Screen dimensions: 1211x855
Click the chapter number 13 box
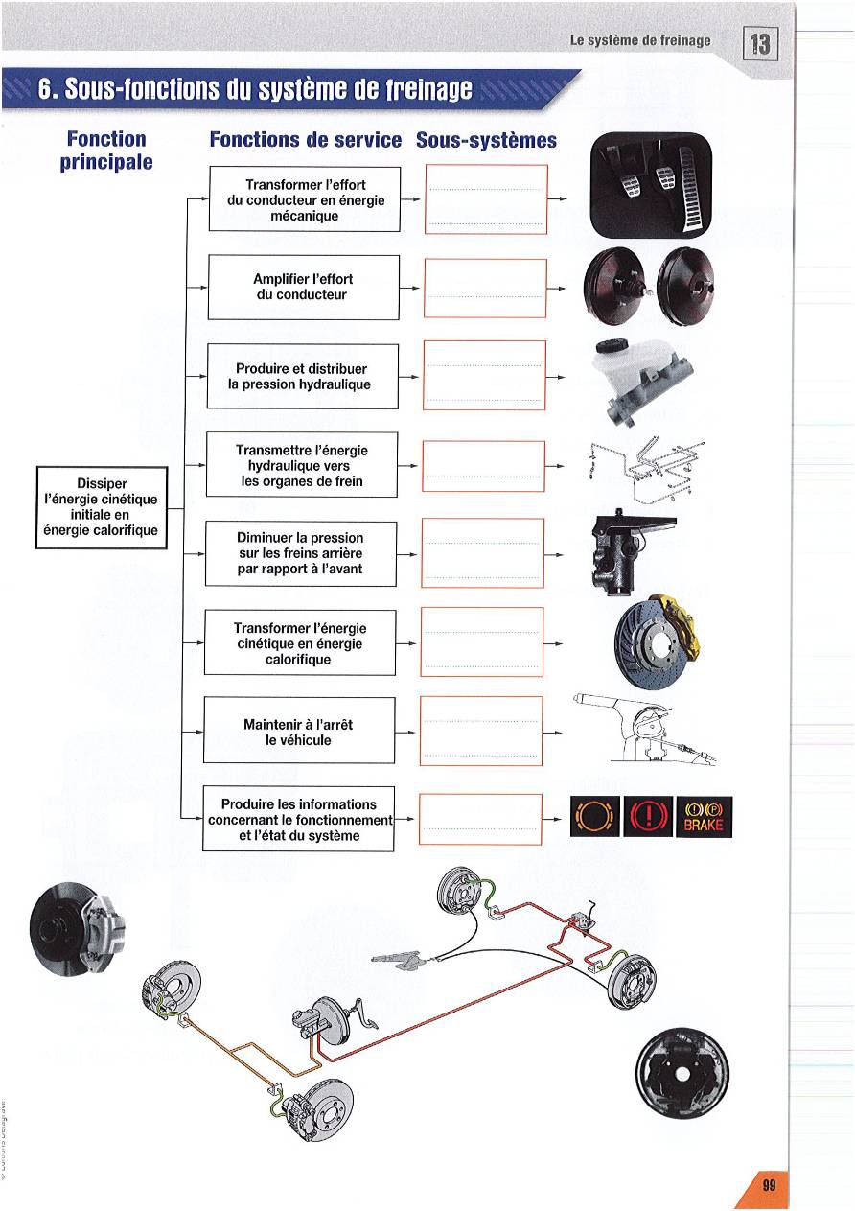coord(760,44)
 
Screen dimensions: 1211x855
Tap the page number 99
coord(769,1184)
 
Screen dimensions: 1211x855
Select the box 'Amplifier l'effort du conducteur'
coord(302,287)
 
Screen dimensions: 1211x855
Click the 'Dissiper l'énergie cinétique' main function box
coord(101,507)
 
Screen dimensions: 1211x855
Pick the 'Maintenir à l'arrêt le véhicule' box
coord(299,732)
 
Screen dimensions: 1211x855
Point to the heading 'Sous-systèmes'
coord(486,140)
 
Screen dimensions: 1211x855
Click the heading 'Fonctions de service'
coord(305,140)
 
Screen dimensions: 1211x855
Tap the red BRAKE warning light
coord(705,817)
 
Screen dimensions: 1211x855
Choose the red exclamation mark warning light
coord(648,817)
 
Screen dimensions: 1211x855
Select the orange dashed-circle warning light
coord(594,817)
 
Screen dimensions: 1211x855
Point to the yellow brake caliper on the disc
coord(685,623)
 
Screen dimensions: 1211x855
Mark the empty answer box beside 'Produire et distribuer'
coord(484,375)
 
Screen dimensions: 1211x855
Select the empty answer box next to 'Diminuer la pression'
coord(482,553)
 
